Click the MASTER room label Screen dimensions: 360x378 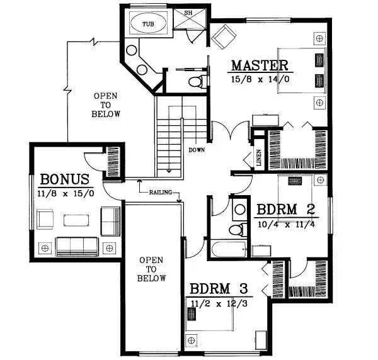(x=259, y=65)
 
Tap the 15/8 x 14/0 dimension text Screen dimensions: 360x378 (x=259, y=79)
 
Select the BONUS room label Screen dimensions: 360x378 (x=66, y=179)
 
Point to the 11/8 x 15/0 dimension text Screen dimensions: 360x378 (x=66, y=193)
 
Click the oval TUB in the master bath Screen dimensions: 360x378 (x=147, y=24)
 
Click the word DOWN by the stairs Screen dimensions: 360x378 (x=197, y=150)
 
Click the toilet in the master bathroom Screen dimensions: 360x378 (x=199, y=81)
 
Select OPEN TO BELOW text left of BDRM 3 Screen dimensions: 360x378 (x=152, y=269)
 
